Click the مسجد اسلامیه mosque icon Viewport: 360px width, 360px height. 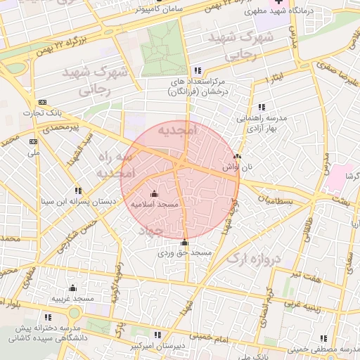(155, 193)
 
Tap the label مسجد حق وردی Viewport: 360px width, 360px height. (184, 252)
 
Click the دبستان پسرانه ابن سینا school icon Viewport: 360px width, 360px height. (77, 191)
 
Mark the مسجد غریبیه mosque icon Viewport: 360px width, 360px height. (72, 288)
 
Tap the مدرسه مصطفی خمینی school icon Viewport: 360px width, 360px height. (323, 338)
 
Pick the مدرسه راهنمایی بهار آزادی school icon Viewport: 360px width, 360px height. (262, 106)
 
